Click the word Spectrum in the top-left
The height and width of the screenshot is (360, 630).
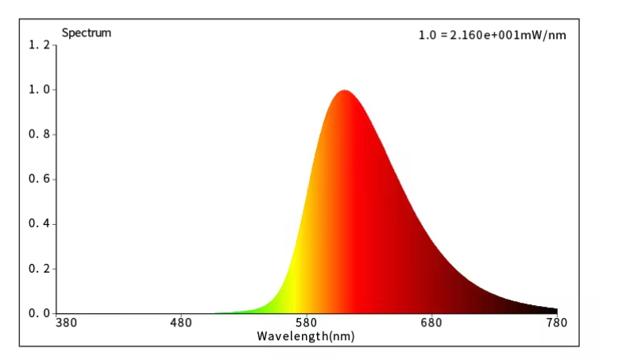[x=87, y=33]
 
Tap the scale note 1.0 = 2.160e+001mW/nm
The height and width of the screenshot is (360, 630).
[x=492, y=35]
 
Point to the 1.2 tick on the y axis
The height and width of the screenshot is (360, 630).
[x=38, y=45]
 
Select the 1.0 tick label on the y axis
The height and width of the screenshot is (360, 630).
[x=38, y=90]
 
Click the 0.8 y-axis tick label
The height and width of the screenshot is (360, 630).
[x=38, y=134]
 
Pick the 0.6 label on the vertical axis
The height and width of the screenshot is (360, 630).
[x=38, y=179]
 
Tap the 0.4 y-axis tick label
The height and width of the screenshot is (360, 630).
[x=38, y=223]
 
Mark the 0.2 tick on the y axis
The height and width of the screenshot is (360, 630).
[x=38, y=269]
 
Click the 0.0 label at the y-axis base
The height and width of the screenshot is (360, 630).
[x=38, y=313]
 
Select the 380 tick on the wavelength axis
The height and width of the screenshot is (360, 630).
[x=67, y=323]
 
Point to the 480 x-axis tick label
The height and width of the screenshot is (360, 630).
[x=182, y=323]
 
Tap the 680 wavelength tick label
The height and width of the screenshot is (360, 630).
[x=431, y=323]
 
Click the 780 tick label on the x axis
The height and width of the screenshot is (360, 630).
[x=556, y=323]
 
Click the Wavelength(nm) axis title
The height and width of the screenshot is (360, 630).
[x=306, y=336]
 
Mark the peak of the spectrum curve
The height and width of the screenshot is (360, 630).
[x=344, y=91]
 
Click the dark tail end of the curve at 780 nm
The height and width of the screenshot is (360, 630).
[x=554, y=311]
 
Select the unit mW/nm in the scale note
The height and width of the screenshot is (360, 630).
[x=545, y=35]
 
